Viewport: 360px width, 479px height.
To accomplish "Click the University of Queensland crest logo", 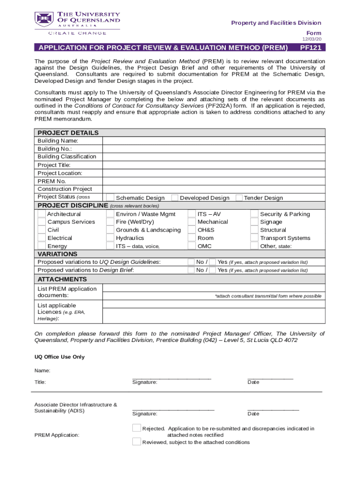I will (43, 19).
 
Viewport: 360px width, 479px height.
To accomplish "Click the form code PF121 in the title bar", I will (310, 48).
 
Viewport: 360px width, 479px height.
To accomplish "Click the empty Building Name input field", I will (213, 141).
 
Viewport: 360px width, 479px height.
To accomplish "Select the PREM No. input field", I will (213, 181).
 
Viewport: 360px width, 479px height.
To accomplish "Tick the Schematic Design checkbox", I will (110, 197).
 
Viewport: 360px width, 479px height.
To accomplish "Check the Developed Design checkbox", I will (174, 197).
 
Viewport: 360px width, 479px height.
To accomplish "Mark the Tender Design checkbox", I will (239, 197).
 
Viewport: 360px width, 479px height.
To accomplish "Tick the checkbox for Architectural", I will (42, 214).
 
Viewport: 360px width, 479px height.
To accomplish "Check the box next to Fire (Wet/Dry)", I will (110, 222).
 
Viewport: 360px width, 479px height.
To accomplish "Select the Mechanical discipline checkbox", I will (192, 222).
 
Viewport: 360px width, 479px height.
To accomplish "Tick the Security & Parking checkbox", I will (254, 214).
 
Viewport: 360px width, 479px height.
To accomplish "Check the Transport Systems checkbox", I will (254, 238).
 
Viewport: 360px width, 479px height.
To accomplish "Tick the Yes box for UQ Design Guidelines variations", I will (212, 262).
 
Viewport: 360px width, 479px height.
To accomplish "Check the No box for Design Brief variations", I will (191, 270).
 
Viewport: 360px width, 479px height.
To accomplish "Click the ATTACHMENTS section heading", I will (56, 279).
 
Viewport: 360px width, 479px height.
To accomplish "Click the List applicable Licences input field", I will (213, 312).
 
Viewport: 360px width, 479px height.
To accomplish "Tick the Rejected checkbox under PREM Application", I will (137, 428).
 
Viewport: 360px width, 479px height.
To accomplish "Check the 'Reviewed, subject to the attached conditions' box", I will (137, 442).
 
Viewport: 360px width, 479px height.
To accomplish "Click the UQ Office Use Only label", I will (59, 357).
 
